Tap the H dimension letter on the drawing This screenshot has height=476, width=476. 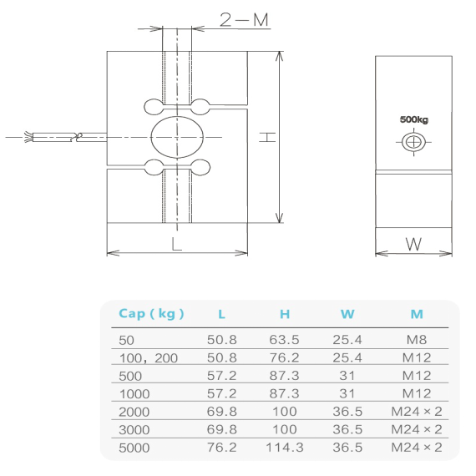pyautogui.click(x=266, y=138)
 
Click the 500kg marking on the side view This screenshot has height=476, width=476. pyautogui.click(x=413, y=120)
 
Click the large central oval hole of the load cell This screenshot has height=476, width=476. pyautogui.click(x=176, y=136)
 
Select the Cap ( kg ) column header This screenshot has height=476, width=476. pyautogui.click(x=151, y=314)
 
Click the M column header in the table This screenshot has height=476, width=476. pyautogui.click(x=417, y=314)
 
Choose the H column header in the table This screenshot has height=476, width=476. pyautogui.click(x=284, y=314)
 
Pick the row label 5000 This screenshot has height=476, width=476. pyautogui.click(x=136, y=447)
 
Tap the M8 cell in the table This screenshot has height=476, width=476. pyautogui.click(x=417, y=340)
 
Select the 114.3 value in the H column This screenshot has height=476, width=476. pyautogui.click(x=284, y=447)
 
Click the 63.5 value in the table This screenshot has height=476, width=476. pyautogui.click(x=284, y=340)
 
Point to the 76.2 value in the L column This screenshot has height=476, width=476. pyautogui.click(x=221, y=447)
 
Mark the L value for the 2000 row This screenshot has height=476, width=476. pyautogui.click(x=221, y=411)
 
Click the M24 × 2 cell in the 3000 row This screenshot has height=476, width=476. pyautogui.click(x=417, y=428)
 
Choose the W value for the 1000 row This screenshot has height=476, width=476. pyautogui.click(x=348, y=393)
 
